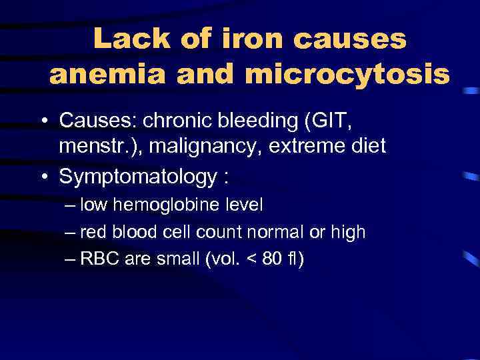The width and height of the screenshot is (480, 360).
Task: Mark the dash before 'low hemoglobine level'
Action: point(71,205)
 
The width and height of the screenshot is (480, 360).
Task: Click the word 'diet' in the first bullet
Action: point(366,146)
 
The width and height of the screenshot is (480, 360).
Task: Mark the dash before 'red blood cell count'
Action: point(71,232)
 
